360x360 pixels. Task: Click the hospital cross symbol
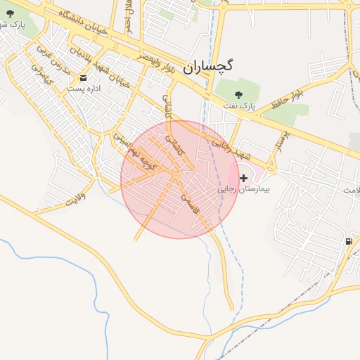[x=244, y=178]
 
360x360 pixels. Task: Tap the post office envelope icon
[x=84, y=77]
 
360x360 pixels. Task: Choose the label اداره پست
[x=84, y=89]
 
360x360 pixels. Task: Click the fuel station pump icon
[x=349, y=241]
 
